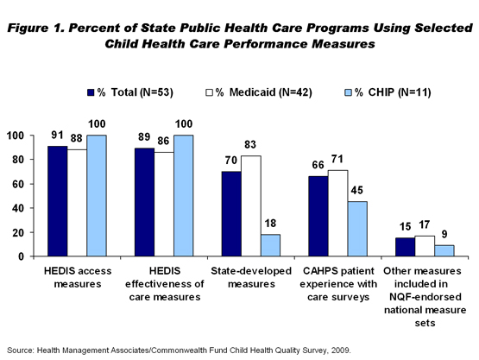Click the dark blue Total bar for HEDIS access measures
(58, 201)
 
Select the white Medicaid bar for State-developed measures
(251, 206)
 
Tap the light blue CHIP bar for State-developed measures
(270, 245)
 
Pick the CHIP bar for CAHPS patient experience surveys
(357, 229)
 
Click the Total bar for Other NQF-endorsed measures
(405, 247)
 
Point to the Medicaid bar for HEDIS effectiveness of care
(164, 204)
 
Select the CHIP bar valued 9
(444, 250)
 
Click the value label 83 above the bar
(250, 144)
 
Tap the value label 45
(356, 191)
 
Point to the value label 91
(57, 135)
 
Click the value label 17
(425, 225)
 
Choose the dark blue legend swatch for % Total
(91, 92)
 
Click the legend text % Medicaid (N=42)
(264, 92)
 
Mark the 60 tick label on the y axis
(18, 184)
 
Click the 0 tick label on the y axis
(21, 256)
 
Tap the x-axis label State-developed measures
(251, 277)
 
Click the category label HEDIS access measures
(78, 277)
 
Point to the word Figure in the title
(28, 28)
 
